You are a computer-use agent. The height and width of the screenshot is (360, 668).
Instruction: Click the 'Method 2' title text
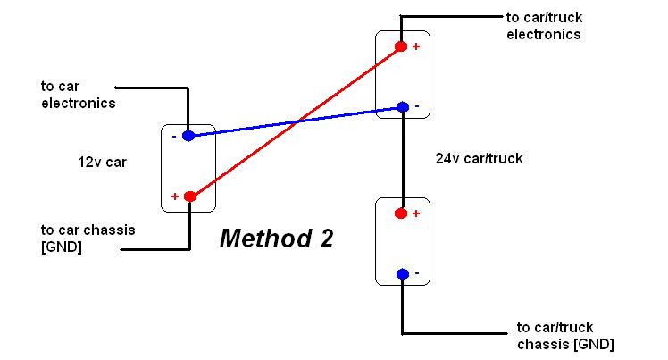(276, 239)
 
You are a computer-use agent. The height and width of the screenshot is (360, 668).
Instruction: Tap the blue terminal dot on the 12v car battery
(188, 136)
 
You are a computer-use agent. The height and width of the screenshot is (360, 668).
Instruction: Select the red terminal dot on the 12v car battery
(188, 197)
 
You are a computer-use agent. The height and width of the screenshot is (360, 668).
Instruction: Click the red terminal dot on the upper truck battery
(401, 46)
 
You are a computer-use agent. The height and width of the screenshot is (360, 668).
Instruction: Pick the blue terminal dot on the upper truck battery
(402, 108)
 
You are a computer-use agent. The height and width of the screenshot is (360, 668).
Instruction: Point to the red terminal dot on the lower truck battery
(401, 213)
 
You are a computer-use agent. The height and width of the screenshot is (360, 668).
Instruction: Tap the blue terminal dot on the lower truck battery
(402, 273)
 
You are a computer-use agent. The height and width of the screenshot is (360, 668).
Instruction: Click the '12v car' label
(101, 163)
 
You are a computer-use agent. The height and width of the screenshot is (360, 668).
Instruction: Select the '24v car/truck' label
(479, 159)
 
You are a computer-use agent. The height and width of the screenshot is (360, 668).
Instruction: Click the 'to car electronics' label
(78, 95)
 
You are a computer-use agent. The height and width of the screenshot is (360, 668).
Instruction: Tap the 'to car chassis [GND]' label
(88, 239)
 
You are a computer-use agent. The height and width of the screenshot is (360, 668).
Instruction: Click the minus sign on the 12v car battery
(175, 136)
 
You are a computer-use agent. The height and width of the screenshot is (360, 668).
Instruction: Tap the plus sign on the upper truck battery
(415, 46)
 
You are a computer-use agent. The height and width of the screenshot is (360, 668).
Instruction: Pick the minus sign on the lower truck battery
(416, 273)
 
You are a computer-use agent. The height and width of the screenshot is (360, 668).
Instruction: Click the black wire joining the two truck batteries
(402, 161)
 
